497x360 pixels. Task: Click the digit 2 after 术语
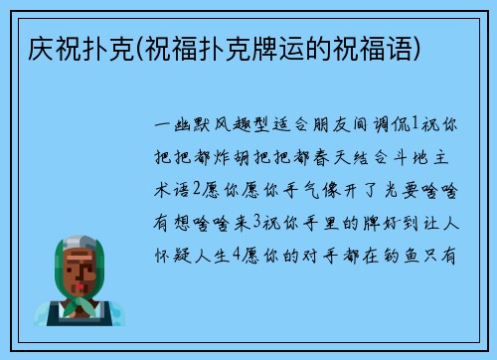201,192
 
